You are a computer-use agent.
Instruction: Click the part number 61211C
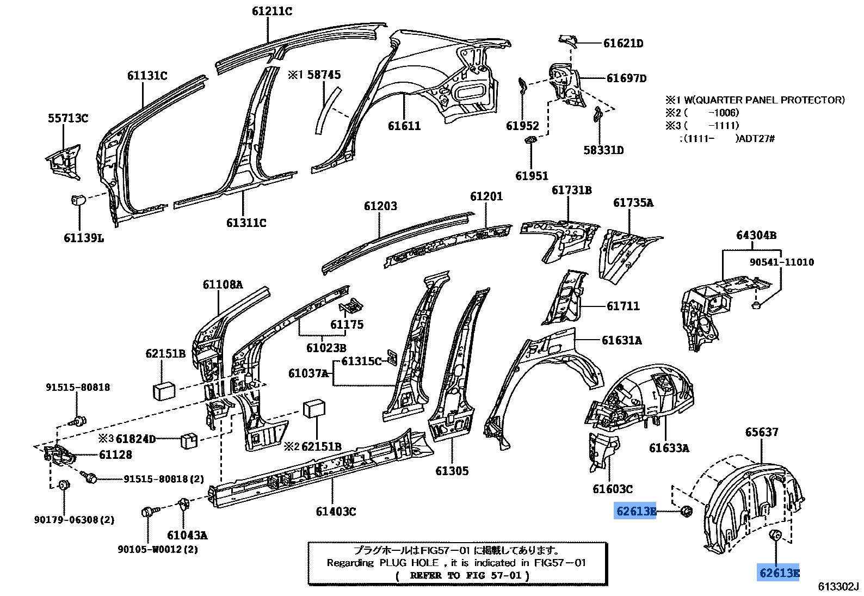271,11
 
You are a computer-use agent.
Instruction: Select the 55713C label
68,118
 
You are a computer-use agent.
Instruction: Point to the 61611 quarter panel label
404,126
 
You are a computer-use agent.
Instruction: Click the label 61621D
623,44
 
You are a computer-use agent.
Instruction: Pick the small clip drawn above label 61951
529,141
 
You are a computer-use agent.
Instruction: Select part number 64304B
756,235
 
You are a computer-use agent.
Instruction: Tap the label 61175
347,325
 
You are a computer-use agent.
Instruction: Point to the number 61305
452,471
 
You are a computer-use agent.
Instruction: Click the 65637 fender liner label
762,432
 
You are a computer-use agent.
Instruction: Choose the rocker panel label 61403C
336,512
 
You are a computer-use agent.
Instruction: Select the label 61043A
187,536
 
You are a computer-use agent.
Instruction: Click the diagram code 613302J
838,586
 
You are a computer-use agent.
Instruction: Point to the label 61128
115,455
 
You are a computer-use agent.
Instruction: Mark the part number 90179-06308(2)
74,520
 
